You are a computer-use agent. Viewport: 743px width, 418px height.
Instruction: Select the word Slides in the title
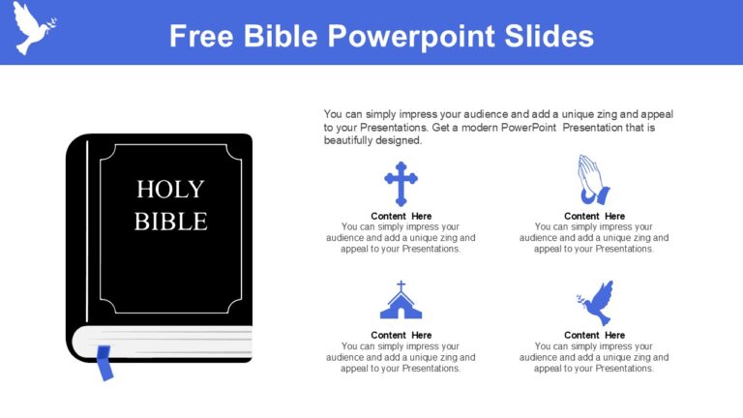[549, 36]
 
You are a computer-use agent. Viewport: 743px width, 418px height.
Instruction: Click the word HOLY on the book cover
[170, 189]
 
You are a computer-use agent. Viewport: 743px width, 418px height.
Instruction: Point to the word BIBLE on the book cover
[170, 222]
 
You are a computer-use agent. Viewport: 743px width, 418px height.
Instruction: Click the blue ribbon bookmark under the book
[104, 363]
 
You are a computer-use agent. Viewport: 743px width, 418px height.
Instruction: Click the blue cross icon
[401, 182]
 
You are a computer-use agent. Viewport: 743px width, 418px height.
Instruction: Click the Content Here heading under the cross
[401, 216]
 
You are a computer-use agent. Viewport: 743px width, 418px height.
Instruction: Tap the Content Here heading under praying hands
[594, 216]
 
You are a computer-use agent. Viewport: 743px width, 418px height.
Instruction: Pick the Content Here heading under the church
[401, 335]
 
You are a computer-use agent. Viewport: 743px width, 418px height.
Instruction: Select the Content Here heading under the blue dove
[594, 335]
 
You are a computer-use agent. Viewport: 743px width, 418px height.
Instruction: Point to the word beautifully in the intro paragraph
[350, 140]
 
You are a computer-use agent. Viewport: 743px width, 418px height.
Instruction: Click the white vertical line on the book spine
[86, 232]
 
